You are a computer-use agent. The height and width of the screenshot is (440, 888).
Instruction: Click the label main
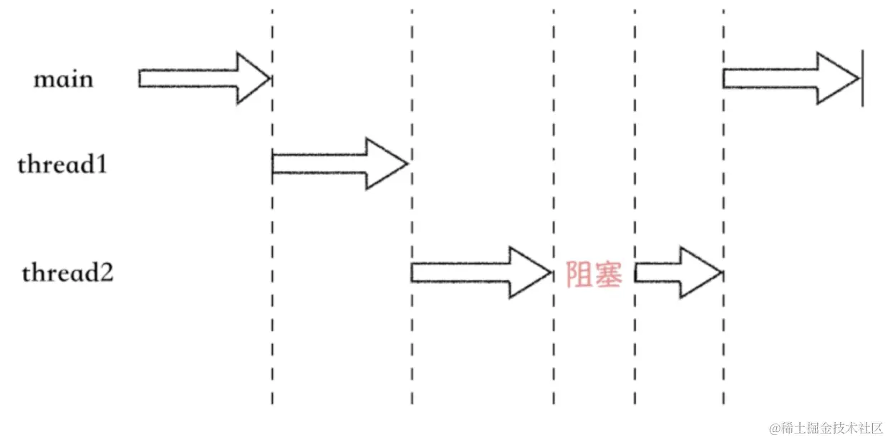coord(63,79)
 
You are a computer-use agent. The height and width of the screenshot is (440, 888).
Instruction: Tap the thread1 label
coord(62,166)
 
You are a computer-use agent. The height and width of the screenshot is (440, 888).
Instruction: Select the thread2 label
coord(67,273)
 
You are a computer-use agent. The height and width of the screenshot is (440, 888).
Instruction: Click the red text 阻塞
coord(594,274)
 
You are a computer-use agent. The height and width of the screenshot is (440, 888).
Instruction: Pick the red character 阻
coord(579,274)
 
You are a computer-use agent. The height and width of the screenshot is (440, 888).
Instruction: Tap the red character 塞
coord(609,274)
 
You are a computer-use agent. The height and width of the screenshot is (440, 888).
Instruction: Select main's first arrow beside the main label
coord(204,78)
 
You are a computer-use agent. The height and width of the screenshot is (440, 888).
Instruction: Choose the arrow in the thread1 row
coord(339,164)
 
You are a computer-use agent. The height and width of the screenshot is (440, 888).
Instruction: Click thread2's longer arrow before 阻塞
coord(481,272)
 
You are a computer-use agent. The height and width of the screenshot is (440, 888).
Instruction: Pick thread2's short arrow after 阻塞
coord(677,272)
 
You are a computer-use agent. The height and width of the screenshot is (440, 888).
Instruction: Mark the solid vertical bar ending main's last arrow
coord(862,78)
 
